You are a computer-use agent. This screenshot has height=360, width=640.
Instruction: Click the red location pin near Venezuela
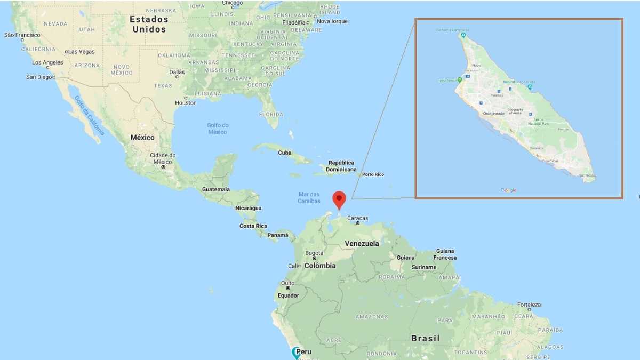pos(339,199)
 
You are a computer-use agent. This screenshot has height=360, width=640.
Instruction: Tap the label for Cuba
pos(285,153)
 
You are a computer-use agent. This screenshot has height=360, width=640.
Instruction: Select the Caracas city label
pos(357,218)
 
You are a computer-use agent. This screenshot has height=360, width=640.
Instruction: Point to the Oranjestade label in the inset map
pos(493,113)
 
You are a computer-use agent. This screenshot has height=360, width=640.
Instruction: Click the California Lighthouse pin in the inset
pos(463,35)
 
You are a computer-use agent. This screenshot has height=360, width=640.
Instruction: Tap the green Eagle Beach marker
pos(460,80)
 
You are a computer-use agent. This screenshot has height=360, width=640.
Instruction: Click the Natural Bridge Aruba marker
pos(530,87)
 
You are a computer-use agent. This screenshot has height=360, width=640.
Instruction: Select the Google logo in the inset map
pos(508,190)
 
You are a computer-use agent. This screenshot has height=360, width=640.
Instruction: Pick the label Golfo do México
pos(217,129)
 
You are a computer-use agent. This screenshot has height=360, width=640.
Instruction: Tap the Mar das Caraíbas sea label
pos(309,198)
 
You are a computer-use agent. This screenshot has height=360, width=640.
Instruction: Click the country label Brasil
pos(426,338)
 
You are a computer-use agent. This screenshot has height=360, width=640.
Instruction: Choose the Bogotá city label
pos(314,253)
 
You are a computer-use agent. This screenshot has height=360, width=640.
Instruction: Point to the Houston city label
pos(186,102)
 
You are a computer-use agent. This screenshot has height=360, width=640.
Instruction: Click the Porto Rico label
pos(373,174)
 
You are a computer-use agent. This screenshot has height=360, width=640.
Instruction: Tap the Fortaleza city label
pos(529,305)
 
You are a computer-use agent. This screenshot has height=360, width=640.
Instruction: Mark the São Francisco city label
pos(22,35)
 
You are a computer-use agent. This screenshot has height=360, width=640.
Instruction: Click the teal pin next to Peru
pos(296,352)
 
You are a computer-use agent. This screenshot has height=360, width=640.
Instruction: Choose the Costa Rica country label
pos(253,226)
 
